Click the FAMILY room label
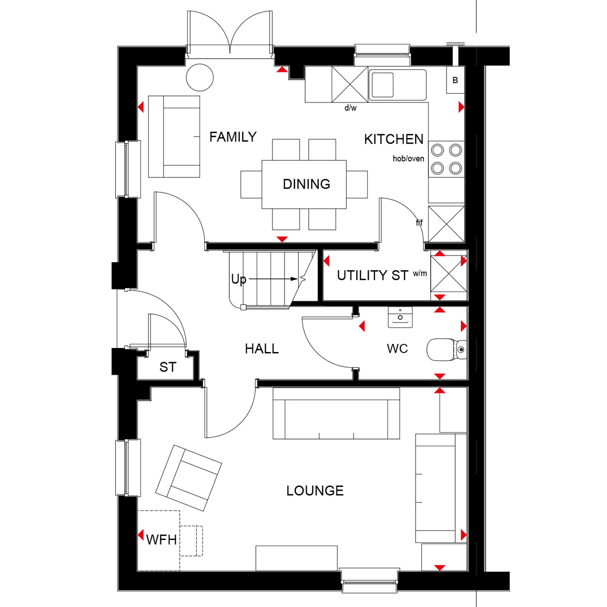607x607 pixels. coord(233,137)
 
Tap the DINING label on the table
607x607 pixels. coord(306,184)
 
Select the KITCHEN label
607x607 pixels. coord(394,139)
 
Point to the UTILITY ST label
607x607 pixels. coord(373,276)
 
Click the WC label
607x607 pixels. coord(397,349)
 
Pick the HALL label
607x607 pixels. coord(262,349)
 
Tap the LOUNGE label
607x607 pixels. coord(315,491)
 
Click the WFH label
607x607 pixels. coord(161,540)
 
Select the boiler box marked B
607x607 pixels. coord(455,80)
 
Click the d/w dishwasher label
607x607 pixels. coord(350,108)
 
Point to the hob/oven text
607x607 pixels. coord(408,159)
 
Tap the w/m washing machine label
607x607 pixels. coord(420,274)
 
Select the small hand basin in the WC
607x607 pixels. coord(400,317)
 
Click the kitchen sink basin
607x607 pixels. coord(382,85)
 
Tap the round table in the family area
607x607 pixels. coord(200,77)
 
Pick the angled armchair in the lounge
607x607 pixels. coord(189,478)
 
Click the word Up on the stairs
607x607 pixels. coord(239,279)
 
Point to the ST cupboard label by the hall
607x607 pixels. coord(168,367)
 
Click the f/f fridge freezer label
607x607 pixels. coord(419,223)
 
